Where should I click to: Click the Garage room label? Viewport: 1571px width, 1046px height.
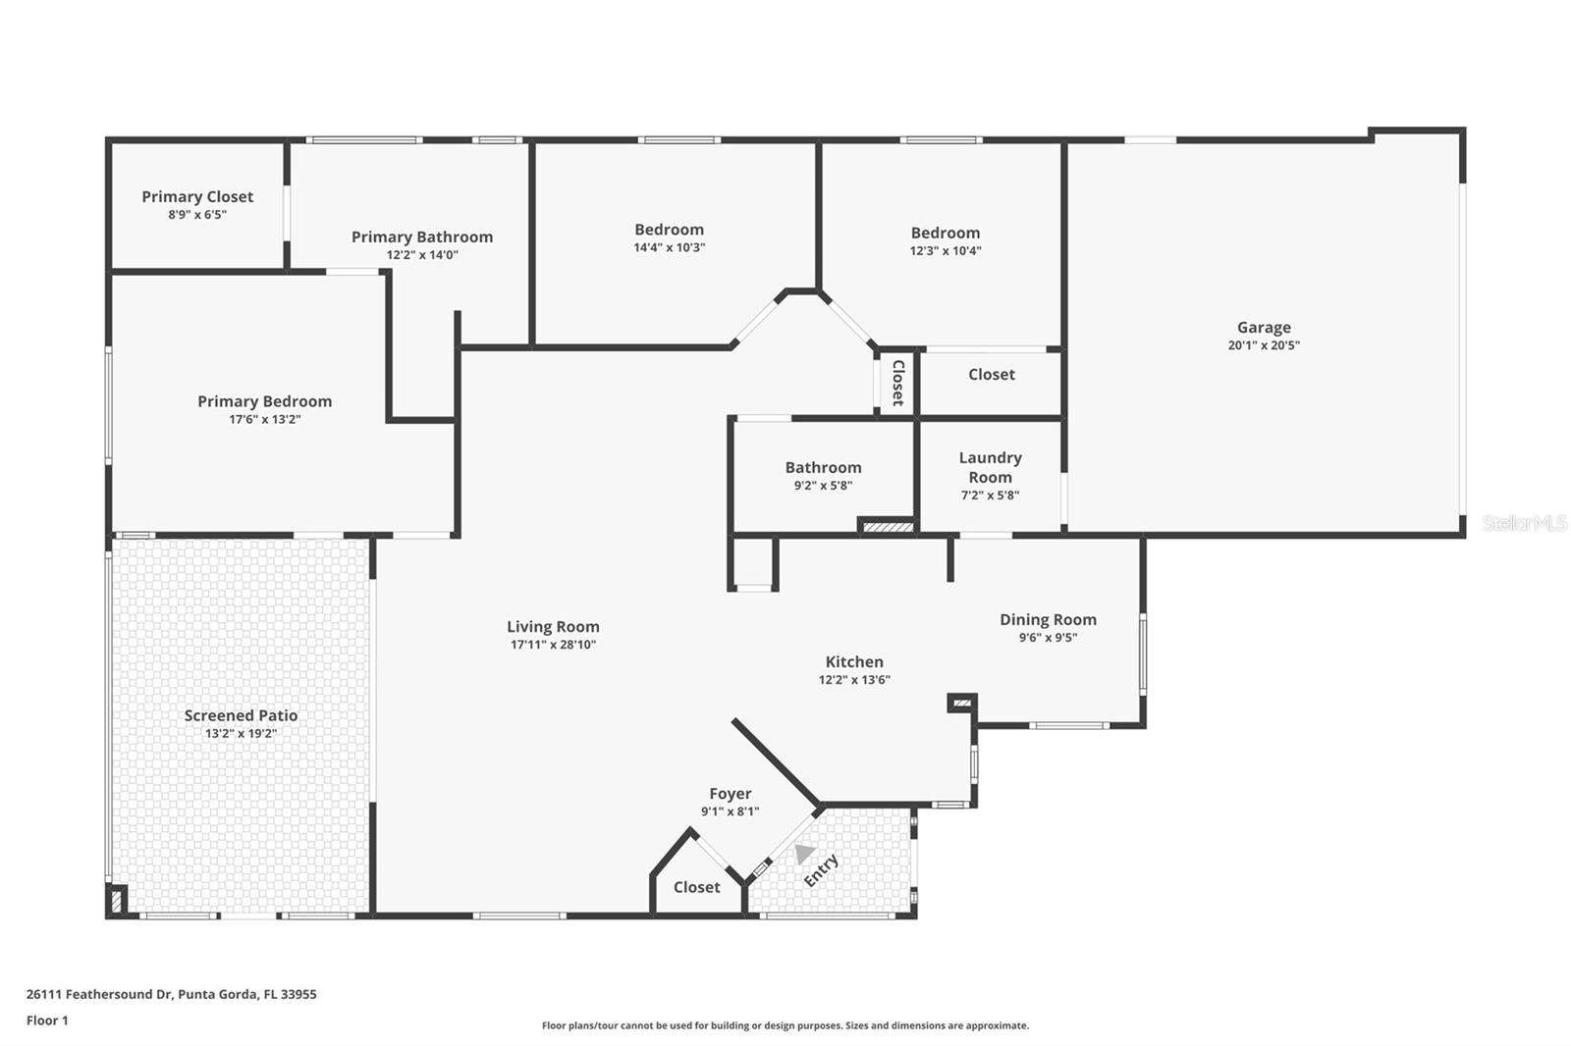tap(1264, 328)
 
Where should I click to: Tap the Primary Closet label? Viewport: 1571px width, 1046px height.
tap(197, 197)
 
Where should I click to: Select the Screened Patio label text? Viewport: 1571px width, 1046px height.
tap(241, 715)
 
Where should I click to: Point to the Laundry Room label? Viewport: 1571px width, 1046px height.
tap(990, 467)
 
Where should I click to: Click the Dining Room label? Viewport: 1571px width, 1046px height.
tap(1048, 619)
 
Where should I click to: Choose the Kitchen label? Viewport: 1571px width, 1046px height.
tap(854, 662)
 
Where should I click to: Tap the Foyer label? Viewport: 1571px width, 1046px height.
tap(731, 794)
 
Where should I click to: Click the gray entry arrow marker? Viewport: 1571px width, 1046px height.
tap(804, 854)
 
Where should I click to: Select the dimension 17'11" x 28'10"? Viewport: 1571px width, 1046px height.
tap(553, 645)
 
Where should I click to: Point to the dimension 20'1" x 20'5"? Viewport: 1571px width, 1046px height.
tap(1264, 345)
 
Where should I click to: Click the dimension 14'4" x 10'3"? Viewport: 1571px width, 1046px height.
tap(669, 247)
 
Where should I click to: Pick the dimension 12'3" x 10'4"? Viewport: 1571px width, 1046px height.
tap(946, 250)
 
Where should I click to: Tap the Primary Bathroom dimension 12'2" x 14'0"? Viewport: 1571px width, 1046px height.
tap(422, 255)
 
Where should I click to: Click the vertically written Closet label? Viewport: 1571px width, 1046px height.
tap(897, 383)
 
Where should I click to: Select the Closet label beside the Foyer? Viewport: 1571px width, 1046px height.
tap(696, 887)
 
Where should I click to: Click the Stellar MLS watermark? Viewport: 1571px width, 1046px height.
tap(1524, 523)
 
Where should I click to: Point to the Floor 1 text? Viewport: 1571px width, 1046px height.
tap(47, 1020)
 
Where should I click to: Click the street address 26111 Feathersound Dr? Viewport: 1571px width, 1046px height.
tap(98, 994)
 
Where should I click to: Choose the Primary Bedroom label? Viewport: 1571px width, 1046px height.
tap(264, 401)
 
